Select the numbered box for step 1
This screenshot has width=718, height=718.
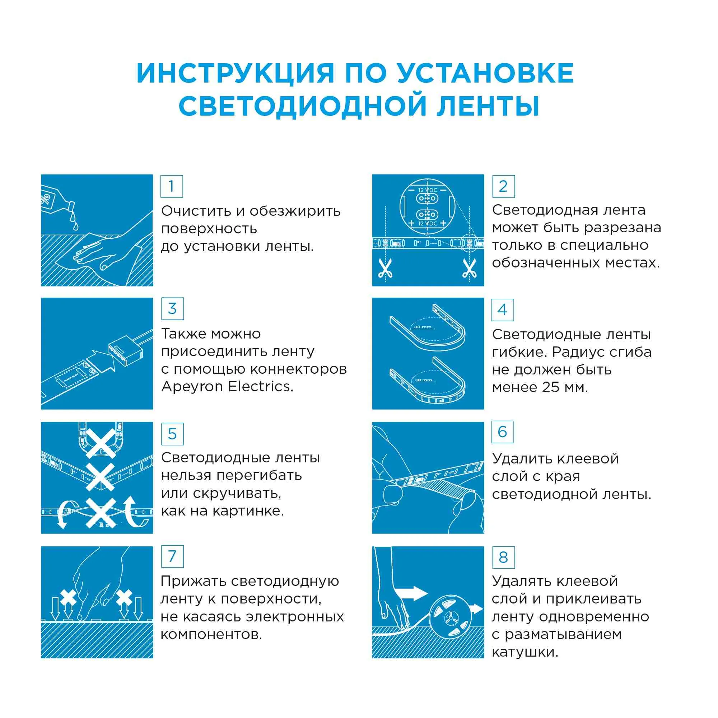(171, 186)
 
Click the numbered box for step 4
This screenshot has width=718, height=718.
(503, 310)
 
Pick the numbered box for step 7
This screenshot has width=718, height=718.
(172, 556)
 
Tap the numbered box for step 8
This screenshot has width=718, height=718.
(503, 558)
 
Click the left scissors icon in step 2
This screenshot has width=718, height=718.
(385, 268)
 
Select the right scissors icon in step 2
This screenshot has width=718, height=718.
(469, 268)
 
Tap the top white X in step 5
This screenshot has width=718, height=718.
(101, 443)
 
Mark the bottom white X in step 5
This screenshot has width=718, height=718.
(101, 513)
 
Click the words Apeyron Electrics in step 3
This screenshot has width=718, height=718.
(228, 387)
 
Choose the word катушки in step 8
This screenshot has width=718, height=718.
(525, 652)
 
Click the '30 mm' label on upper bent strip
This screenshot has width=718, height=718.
(423, 327)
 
